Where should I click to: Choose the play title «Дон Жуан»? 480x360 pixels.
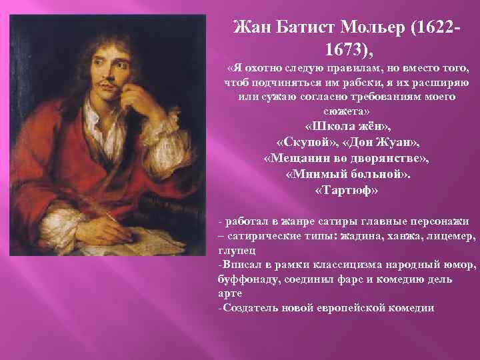click(383, 143)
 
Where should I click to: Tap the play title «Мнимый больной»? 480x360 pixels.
click(347, 175)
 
